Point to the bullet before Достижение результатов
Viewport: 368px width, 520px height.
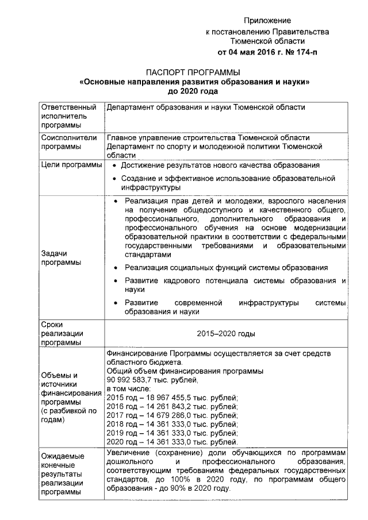(116, 165)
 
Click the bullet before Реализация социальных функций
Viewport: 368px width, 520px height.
(116, 268)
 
